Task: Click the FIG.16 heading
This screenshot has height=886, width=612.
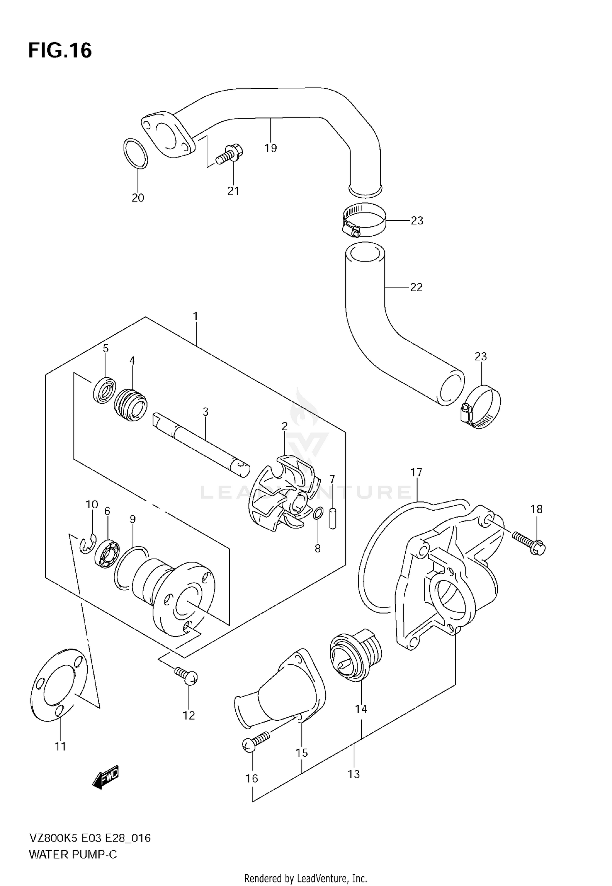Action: (x=60, y=51)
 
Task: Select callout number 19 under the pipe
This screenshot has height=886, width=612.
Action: (x=271, y=148)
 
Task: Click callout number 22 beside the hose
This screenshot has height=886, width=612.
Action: (x=416, y=287)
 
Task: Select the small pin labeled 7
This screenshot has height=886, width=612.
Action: (x=333, y=518)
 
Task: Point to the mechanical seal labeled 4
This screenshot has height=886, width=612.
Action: (x=131, y=405)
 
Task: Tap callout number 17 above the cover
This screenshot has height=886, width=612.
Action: (x=416, y=472)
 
